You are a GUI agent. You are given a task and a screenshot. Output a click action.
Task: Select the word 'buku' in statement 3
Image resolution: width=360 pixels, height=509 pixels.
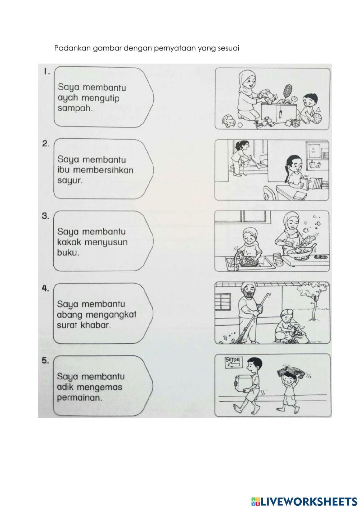68,253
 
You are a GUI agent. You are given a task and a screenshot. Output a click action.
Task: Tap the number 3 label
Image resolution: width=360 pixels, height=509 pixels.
45,216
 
